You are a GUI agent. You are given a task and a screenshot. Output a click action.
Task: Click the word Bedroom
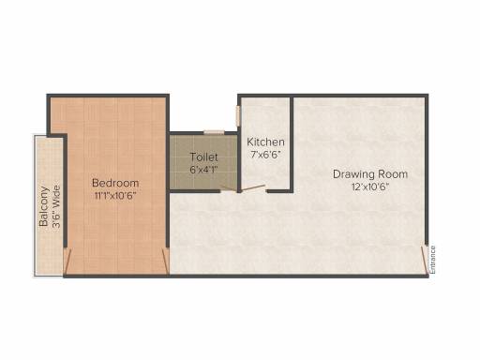(x=115, y=183)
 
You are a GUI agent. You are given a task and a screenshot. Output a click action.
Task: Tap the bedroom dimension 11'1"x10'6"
(x=115, y=196)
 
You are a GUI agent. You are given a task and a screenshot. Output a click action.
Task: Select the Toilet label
(x=203, y=157)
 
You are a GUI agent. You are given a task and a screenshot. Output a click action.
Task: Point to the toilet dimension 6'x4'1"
(x=203, y=170)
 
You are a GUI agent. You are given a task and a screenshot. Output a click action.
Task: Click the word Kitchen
(x=265, y=142)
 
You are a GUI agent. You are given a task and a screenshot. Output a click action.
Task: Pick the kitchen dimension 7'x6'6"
(x=265, y=155)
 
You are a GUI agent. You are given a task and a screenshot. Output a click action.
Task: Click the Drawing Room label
(x=370, y=174)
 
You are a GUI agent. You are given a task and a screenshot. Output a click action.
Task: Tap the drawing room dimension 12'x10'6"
(x=370, y=187)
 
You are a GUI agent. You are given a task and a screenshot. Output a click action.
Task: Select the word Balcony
(x=44, y=206)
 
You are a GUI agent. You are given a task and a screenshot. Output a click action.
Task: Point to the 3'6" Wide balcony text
(x=56, y=207)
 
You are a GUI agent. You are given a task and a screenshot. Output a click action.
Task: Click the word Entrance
(x=432, y=260)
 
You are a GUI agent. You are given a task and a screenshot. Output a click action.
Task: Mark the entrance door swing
(x=424, y=260)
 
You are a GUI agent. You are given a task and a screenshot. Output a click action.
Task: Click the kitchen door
(x=253, y=188)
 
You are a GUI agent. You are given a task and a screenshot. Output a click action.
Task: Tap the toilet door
(x=229, y=188)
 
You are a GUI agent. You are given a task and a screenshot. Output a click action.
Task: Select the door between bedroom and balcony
(x=67, y=262)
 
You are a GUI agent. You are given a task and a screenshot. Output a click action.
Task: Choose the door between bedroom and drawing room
(x=166, y=262)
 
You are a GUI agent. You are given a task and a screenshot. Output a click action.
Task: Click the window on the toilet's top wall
(x=214, y=132)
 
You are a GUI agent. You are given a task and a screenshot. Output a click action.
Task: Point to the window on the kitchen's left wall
(x=238, y=115)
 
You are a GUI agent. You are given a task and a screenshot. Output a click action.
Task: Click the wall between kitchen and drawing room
(x=292, y=143)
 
